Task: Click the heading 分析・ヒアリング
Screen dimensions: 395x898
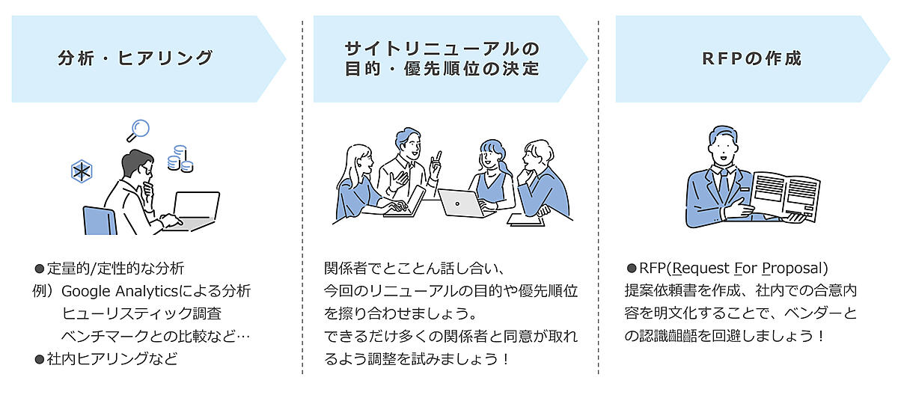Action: coord(135,58)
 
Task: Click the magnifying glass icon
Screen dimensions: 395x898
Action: coord(138,130)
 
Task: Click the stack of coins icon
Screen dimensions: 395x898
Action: coord(180,158)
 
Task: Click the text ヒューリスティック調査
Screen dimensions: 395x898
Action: coord(141,313)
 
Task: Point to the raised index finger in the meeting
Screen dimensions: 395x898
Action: coord(439,156)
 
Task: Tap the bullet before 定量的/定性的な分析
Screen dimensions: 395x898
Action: coord(40,268)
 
